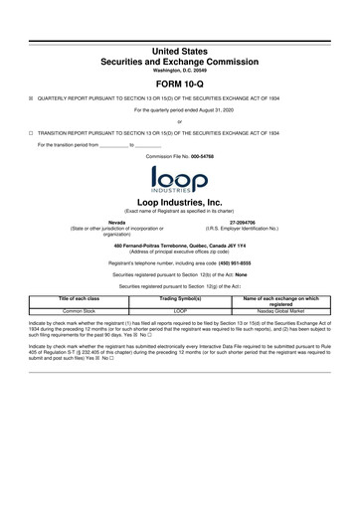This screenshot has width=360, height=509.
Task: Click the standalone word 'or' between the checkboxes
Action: [180, 121]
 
